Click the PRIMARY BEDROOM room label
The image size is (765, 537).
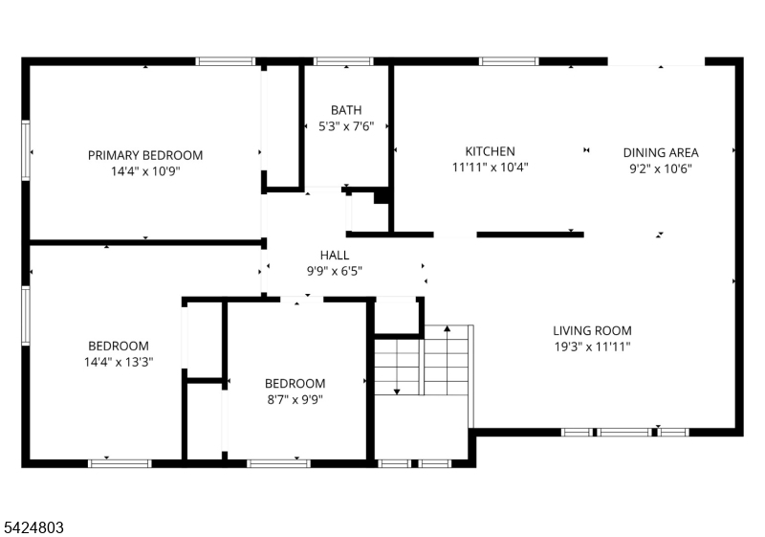coord(145,155)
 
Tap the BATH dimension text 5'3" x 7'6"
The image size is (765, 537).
coord(346,126)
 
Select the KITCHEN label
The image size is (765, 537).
coord(490,151)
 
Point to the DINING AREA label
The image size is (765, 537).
coord(661,153)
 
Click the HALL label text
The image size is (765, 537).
coord(334,255)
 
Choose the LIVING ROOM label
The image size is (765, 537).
coord(592,330)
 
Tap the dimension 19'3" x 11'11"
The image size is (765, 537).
coord(592,347)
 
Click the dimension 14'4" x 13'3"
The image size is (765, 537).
coord(119,362)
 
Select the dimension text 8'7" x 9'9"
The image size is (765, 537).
coord(295,400)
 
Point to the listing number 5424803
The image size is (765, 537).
coord(33,527)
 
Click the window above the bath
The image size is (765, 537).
coord(343,61)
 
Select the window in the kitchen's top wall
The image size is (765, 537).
coord(509,61)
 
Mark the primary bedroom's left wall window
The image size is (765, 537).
coord(26,150)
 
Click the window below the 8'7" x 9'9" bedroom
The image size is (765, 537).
coord(278,463)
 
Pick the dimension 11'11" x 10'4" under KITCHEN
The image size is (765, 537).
coord(490,168)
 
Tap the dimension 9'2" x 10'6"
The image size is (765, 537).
coord(661,168)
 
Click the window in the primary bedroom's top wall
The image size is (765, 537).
coord(226,61)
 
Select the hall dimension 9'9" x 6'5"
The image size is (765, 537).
coord(334,271)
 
